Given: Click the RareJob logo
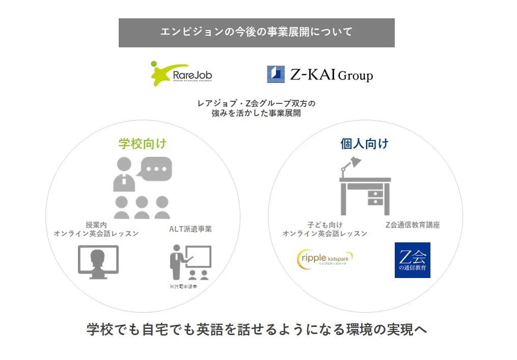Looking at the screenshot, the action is [x=181, y=73].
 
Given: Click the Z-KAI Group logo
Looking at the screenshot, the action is [x=320, y=74].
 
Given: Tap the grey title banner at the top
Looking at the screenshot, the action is [x=257, y=33].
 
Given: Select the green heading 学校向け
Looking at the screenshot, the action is [x=143, y=144].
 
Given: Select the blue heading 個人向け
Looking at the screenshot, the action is [x=364, y=144].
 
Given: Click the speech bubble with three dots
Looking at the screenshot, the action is [x=156, y=169].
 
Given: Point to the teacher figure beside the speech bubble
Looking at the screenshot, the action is [x=124, y=174].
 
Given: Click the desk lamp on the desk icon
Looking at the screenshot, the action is [x=350, y=167].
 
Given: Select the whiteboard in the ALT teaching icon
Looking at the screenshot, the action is [x=198, y=257].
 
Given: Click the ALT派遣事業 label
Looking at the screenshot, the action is [x=191, y=229].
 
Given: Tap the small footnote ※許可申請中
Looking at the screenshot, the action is [x=183, y=287].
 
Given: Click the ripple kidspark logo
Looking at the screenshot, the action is [x=325, y=259].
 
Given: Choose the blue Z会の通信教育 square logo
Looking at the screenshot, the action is [x=413, y=260].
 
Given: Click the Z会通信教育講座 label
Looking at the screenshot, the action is [x=413, y=225].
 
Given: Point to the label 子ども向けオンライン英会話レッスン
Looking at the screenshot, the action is [x=325, y=229].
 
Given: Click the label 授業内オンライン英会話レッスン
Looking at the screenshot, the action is [x=96, y=229].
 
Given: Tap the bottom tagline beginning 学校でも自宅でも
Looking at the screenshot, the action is [x=257, y=329].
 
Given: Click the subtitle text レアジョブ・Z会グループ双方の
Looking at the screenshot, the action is [x=257, y=103].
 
